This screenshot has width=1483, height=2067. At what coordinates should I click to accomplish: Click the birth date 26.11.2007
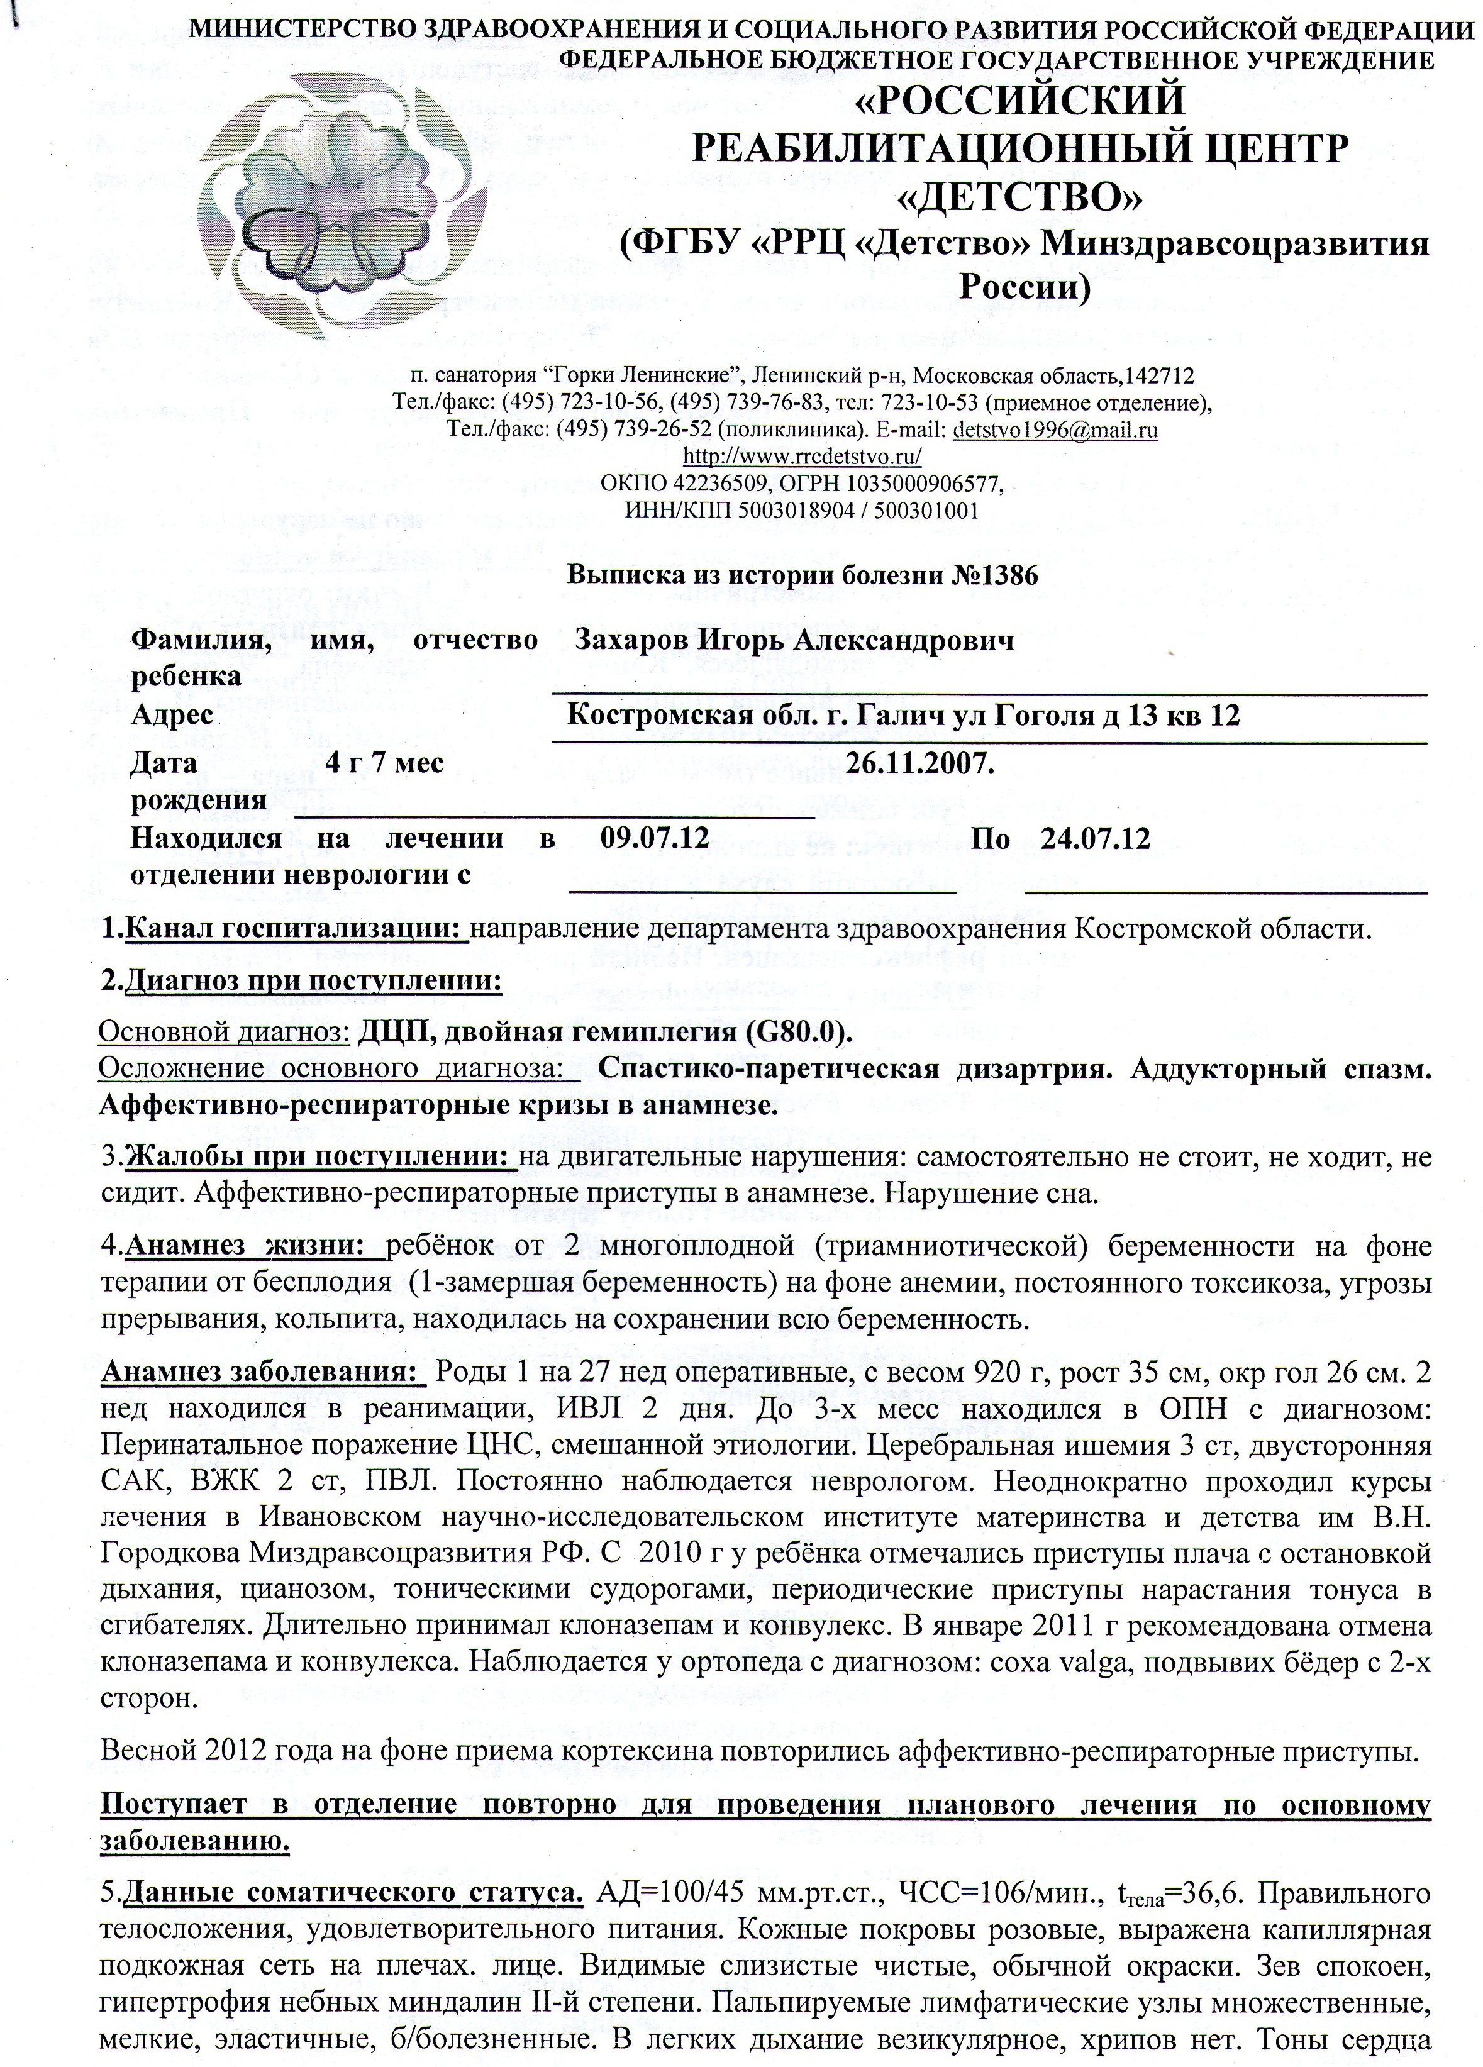coord(919,761)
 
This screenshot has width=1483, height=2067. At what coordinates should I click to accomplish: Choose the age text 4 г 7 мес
coord(385,761)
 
